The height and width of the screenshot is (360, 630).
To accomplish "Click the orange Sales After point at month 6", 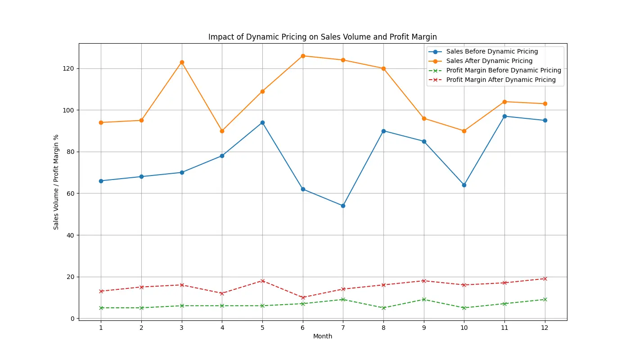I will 303,56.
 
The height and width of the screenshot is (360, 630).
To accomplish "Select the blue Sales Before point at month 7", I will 343,206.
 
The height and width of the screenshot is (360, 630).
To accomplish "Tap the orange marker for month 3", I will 182,62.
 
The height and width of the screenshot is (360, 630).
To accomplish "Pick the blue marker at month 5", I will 262,122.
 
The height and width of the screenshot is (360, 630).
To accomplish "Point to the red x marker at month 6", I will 303,297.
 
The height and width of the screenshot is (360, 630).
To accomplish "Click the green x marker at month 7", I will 343,299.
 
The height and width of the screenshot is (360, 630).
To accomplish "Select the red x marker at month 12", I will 545,279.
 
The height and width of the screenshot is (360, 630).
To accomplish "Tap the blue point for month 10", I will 464,185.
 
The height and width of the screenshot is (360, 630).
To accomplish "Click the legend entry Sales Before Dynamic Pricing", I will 492,52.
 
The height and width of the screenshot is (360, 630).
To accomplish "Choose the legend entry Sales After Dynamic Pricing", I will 489,61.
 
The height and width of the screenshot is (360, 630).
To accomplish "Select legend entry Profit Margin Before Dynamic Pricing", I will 504,71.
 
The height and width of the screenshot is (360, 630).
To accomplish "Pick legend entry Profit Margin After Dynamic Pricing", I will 501,80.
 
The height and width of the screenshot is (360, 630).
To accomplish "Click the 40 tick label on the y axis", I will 70,235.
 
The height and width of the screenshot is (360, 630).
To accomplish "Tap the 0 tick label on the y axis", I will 72,319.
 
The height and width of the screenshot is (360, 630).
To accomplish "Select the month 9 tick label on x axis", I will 424,328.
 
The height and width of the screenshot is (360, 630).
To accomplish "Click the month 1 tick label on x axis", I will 101,328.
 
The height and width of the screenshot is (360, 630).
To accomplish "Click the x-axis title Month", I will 323,336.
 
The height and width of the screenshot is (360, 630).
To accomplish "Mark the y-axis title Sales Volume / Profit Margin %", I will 56,182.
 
